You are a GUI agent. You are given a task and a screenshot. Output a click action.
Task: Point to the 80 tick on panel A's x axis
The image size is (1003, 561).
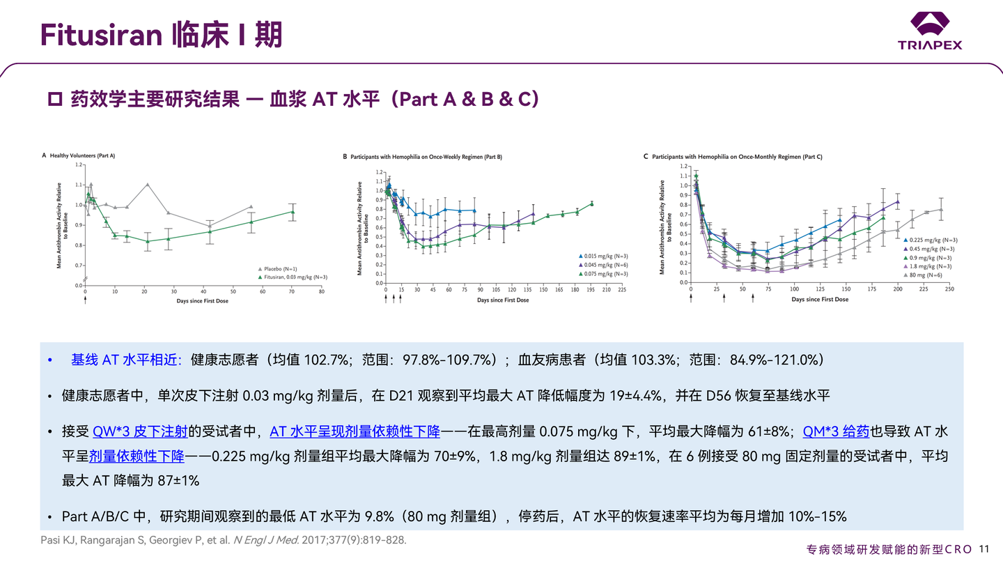(322, 292)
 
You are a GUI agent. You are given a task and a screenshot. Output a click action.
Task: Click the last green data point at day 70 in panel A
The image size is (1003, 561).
(293, 212)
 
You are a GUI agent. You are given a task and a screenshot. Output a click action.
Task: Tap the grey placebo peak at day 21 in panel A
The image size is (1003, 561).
(148, 185)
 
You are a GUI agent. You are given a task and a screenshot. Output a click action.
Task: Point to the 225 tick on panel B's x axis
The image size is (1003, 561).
(621, 290)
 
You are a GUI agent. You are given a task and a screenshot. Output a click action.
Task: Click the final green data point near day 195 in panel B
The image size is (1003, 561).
(592, 203)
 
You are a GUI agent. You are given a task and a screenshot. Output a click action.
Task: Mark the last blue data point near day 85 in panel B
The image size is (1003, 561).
(474, 210)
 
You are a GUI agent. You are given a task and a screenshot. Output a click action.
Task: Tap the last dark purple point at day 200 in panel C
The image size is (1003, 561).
(897, 201)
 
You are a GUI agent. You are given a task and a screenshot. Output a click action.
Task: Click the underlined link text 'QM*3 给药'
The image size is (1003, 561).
(836, 431)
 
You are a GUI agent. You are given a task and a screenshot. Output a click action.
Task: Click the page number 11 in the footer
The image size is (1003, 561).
(983, 548)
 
